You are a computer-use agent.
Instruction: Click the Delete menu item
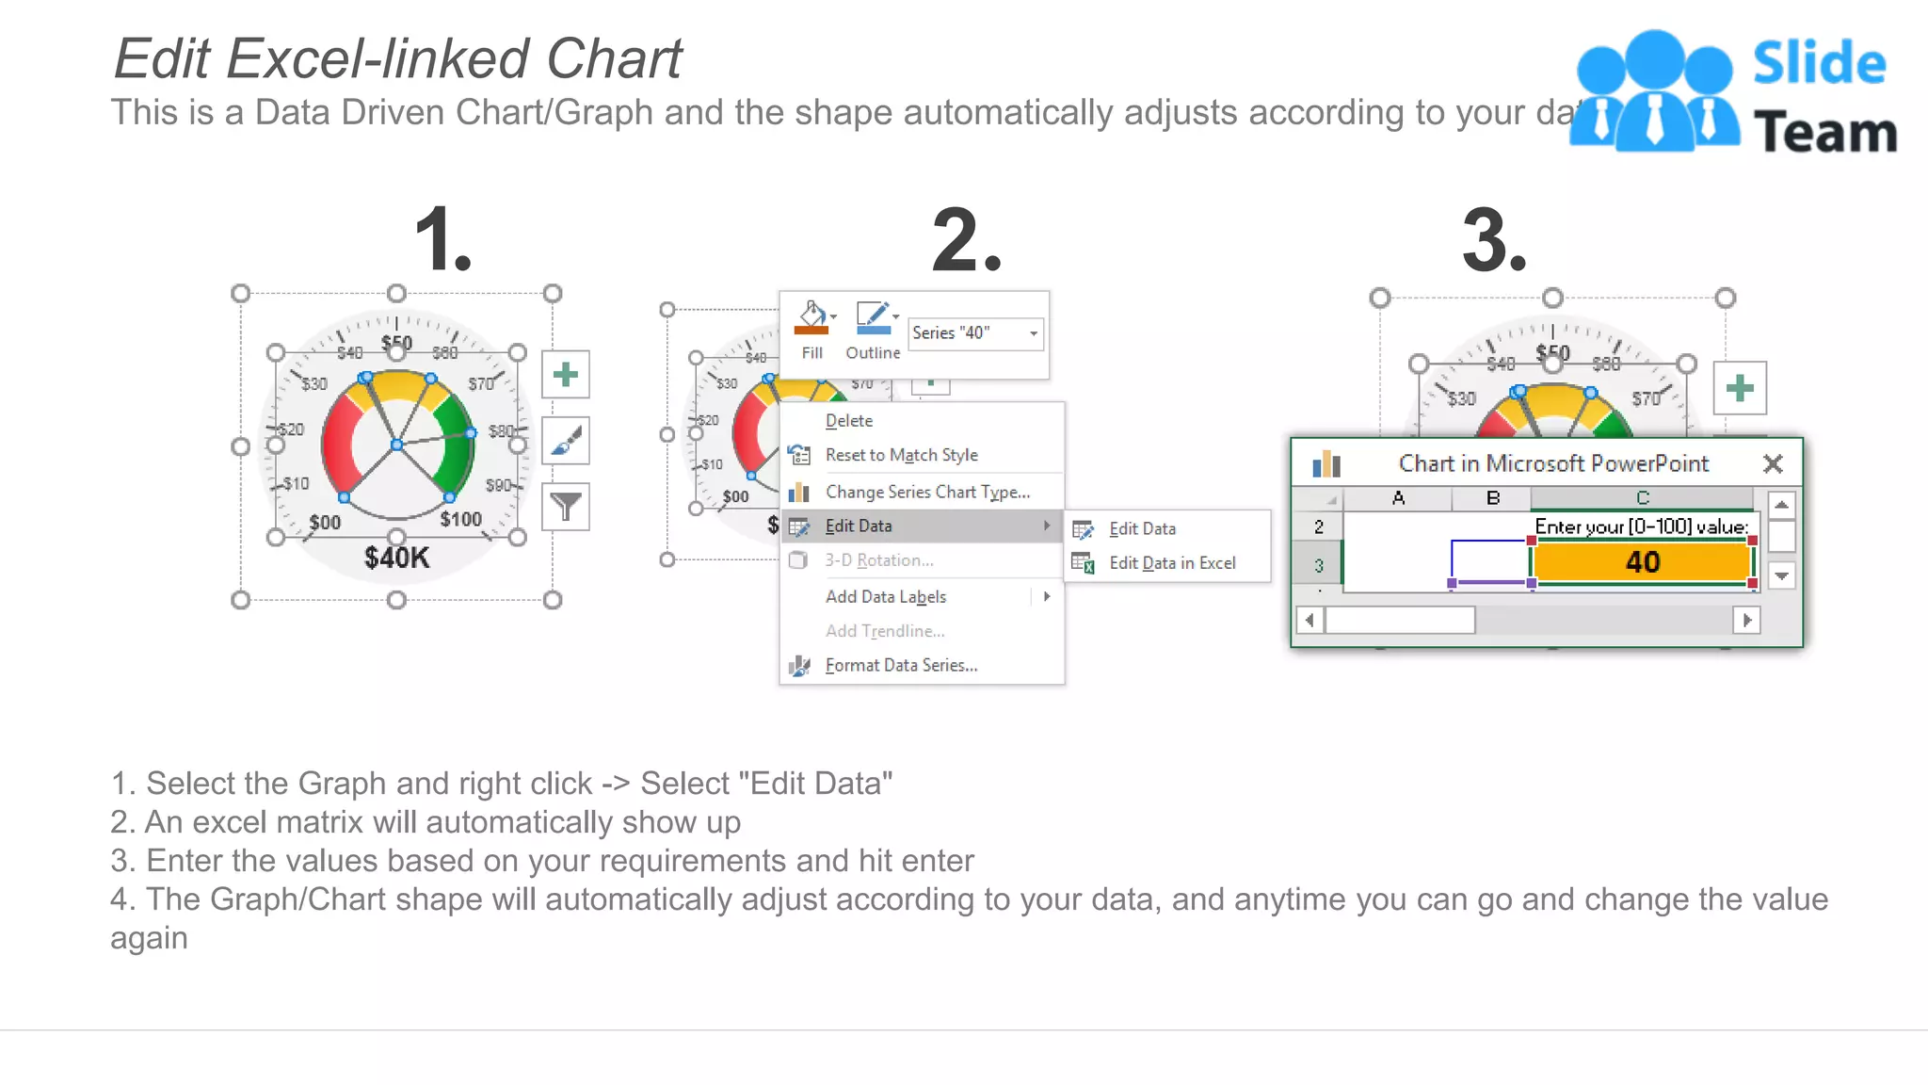(x=848, y=421)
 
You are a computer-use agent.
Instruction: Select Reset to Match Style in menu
(x=901, y=455)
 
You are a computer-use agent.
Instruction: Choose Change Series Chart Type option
(x=927, y=492)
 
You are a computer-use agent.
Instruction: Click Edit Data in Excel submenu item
(x=1171, y=563)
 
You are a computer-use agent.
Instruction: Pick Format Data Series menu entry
(x=901, y=665)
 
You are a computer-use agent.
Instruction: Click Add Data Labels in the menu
(x=885, y=597)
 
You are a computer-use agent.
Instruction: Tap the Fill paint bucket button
(x=811, y=321)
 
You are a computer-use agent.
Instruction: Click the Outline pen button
(x=873, y=321)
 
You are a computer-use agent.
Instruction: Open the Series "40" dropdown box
(x=975, y=333)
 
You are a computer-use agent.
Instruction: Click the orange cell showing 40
(x=1641, y=562)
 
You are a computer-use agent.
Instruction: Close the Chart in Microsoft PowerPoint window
(x=1773, y=463)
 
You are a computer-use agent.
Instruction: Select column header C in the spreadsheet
(x=1642, y=498)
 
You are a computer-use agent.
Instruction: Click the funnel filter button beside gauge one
(x=566, y=508)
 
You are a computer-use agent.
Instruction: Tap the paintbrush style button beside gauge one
(x=566, y=441)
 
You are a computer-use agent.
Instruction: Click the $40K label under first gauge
(x=396, y=558)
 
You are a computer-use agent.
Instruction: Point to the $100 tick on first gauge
(x=460, y=520)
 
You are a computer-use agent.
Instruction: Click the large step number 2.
(x=966, y=242)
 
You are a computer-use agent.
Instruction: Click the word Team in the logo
(x=1824, y=132)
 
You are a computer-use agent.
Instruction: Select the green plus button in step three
(x=1739, y=388)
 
